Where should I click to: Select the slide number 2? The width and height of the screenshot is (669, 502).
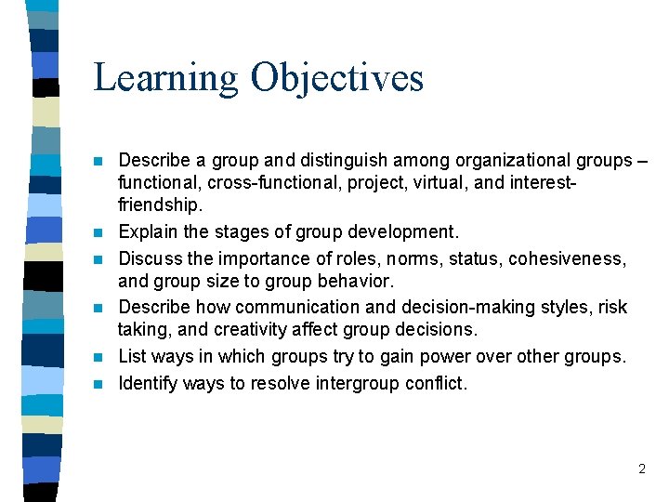pyautogui.click(x=641, y=469)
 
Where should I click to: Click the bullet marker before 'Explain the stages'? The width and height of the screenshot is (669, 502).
pyautogui.click(x=98, y=232)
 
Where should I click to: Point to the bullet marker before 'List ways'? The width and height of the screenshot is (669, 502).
pyautogui.click(x=98, y=357)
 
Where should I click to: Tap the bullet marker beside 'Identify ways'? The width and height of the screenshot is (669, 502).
pyautogui.click(x=98, y=382)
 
